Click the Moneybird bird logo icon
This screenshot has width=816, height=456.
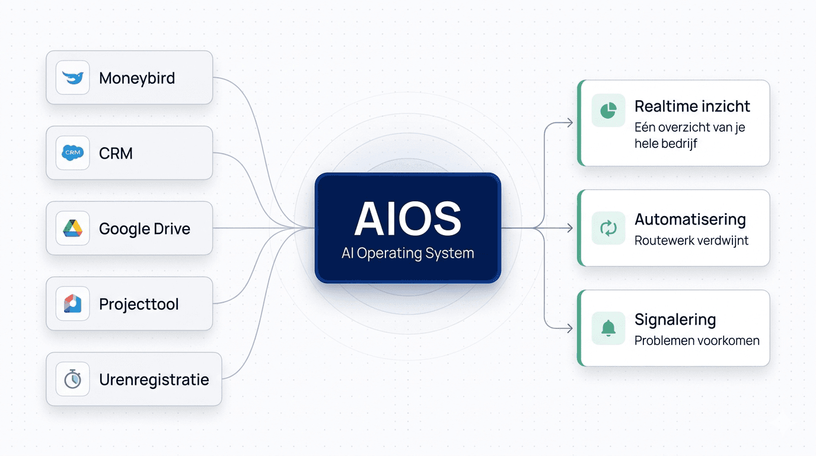click(x=72, y=78)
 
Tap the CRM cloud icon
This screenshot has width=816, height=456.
click(x=72, y=153)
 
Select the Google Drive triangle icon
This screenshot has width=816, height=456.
click(x=72, y=229)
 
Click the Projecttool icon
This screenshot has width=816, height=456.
click(x=72, y=304)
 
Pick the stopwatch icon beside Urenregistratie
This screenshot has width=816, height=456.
click(x=72, y=379)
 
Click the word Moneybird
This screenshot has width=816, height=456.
click(x=137, y=78)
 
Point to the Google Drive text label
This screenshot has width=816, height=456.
click(x=145, y=229)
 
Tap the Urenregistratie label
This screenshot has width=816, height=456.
click(x=154, y=380)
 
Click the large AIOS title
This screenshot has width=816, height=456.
click(x=408, y=219)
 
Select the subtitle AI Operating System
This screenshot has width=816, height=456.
click(x=408, y=254)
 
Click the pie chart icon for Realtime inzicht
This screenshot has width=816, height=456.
click(x=608, y=110)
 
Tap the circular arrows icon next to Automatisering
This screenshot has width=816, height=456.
click(x=608, y=228)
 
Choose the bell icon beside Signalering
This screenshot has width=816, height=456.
click(x=608, y=328)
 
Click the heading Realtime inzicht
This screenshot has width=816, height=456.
click(x=692, y=106)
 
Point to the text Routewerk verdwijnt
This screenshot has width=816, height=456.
click(x=691, y=240)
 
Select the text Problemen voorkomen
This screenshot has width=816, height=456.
click(x=697, y=341)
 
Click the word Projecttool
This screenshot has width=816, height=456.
click(x=139, y=305)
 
